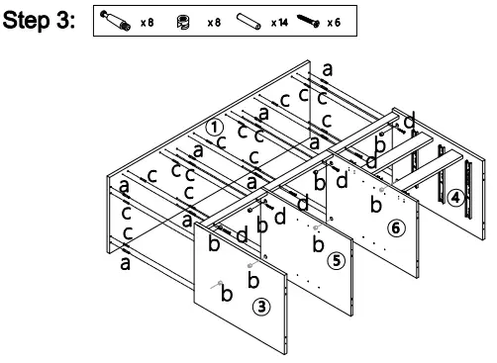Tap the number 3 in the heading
coord(68,21)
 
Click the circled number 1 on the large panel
coord(215,127)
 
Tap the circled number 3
coord(261,306)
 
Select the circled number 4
coord(454,196)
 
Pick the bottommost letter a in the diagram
coord(126,263)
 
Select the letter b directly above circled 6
coord(374,204)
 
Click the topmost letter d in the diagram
coord(410,119)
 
